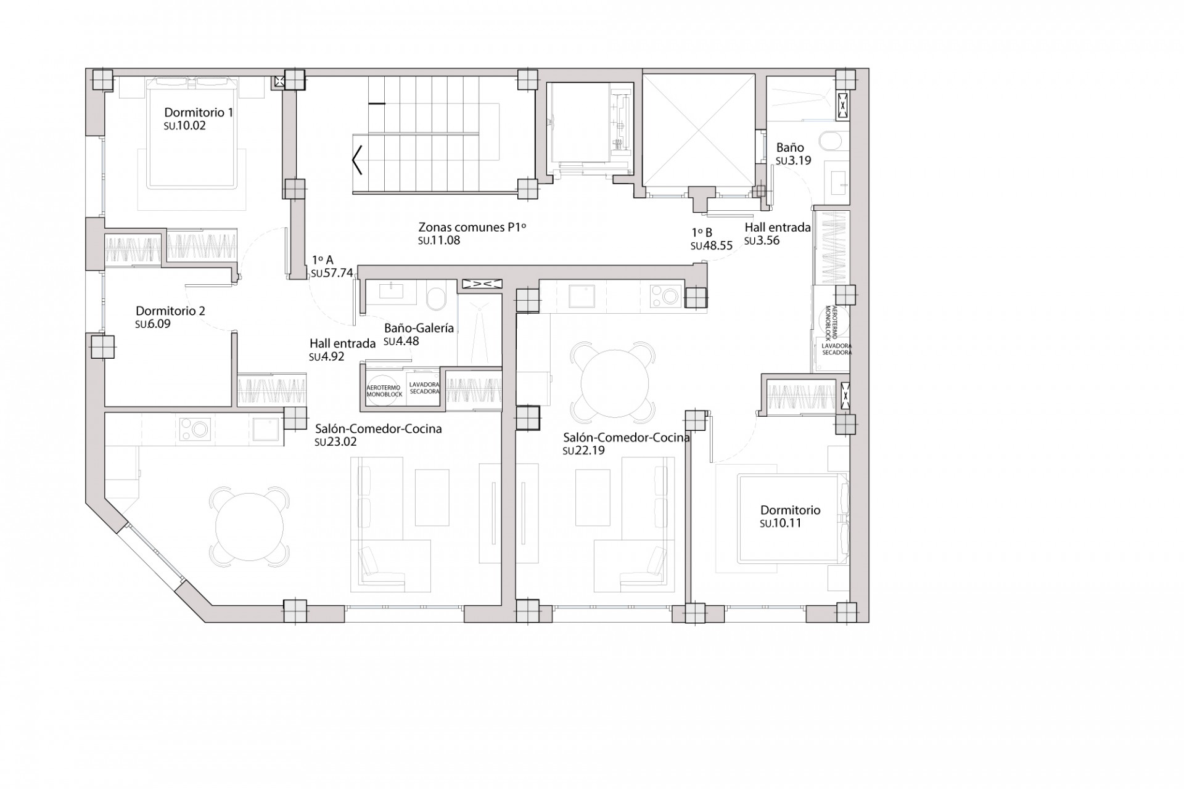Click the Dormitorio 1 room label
[199, 113]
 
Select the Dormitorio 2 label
[170, 311]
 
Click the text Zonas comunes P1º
[472, 227]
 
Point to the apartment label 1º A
[323, 260]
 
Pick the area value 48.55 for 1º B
[712, 245]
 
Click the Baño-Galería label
[419, 328]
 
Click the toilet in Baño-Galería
[437, 299]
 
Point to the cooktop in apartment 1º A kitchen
[194, 430]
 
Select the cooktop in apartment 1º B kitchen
[665, 296]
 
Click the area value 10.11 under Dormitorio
[781, 523]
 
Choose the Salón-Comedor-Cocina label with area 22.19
[626, 438]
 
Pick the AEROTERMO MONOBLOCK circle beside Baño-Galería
[384, 391]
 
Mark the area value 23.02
[335, 442]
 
